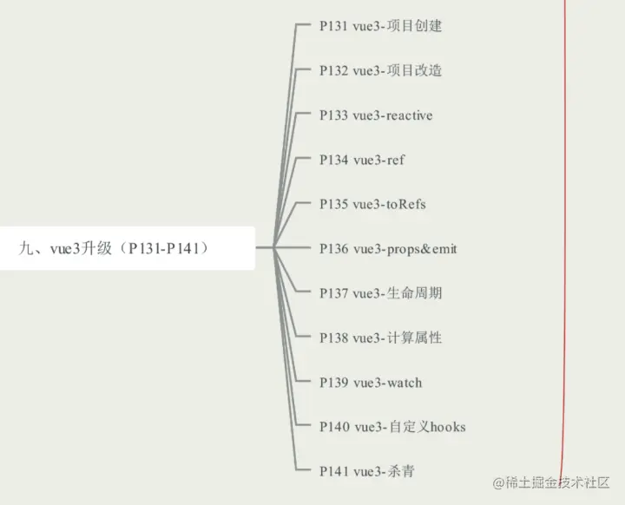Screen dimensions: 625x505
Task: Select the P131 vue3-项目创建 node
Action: (380, 26)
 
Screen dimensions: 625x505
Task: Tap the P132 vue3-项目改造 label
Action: (380, 70)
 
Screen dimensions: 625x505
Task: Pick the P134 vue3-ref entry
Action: (362, 160)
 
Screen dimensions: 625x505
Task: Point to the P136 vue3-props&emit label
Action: (388, 249)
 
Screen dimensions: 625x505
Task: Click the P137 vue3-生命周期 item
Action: (380, 293)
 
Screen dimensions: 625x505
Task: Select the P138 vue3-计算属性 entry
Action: (380, 338)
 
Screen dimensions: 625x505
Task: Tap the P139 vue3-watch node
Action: (371, 383)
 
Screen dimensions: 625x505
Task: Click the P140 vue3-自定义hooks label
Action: (392, 427)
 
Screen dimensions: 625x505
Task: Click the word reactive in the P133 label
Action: (410, 115)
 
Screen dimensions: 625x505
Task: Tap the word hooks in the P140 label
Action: (448, 427)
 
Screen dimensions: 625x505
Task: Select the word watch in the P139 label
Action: (404, 383)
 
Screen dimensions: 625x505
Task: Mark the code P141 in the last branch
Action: (334, 471)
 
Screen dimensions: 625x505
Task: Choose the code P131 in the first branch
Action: (334, 26)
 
